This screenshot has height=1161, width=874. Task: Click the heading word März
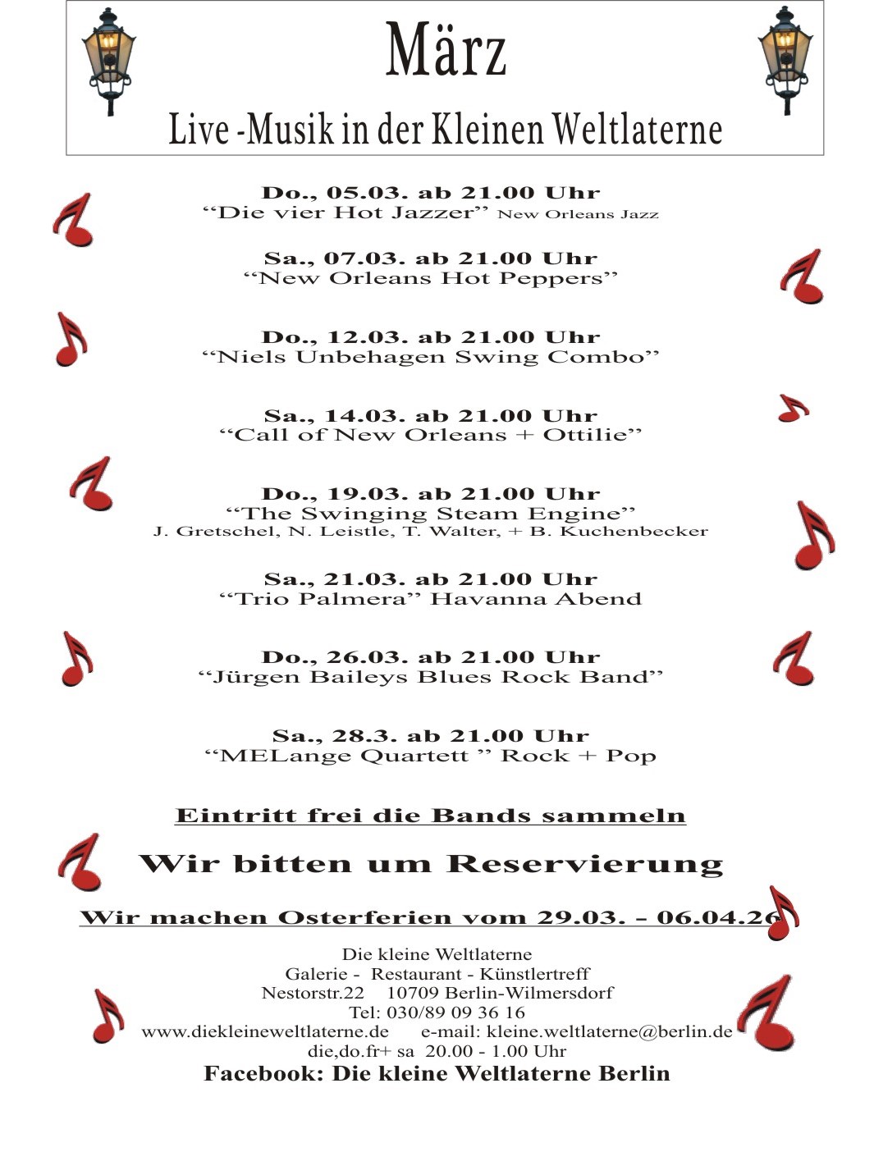coord(446,51)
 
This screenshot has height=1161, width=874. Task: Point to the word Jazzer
coord(432,213)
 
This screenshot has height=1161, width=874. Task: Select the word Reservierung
coord(585,864)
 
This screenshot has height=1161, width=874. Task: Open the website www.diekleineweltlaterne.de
coord(265,1031)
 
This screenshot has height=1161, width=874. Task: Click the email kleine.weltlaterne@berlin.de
coord(609,1031)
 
